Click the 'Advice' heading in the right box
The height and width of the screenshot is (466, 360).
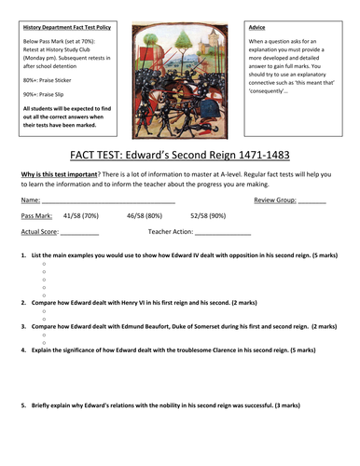262,26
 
